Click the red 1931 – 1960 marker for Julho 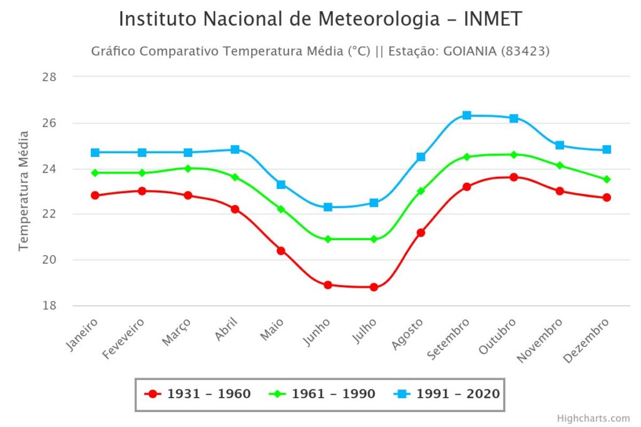tap(374, 287)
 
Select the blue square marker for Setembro tap(466, 115)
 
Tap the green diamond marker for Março tap(188, 168)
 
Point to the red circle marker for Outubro tap(513, 177)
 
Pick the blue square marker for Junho tap(327, 207)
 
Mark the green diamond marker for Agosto tap(421, 191)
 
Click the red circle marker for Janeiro tap(95, 195)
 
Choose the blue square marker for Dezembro tap(606, 149)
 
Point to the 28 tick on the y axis tap(49, 77)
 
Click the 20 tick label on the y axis tap(49, 259)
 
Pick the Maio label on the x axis tap(273, 329)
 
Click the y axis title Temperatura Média tap(24, 191)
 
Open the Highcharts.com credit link tap(593, 418)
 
